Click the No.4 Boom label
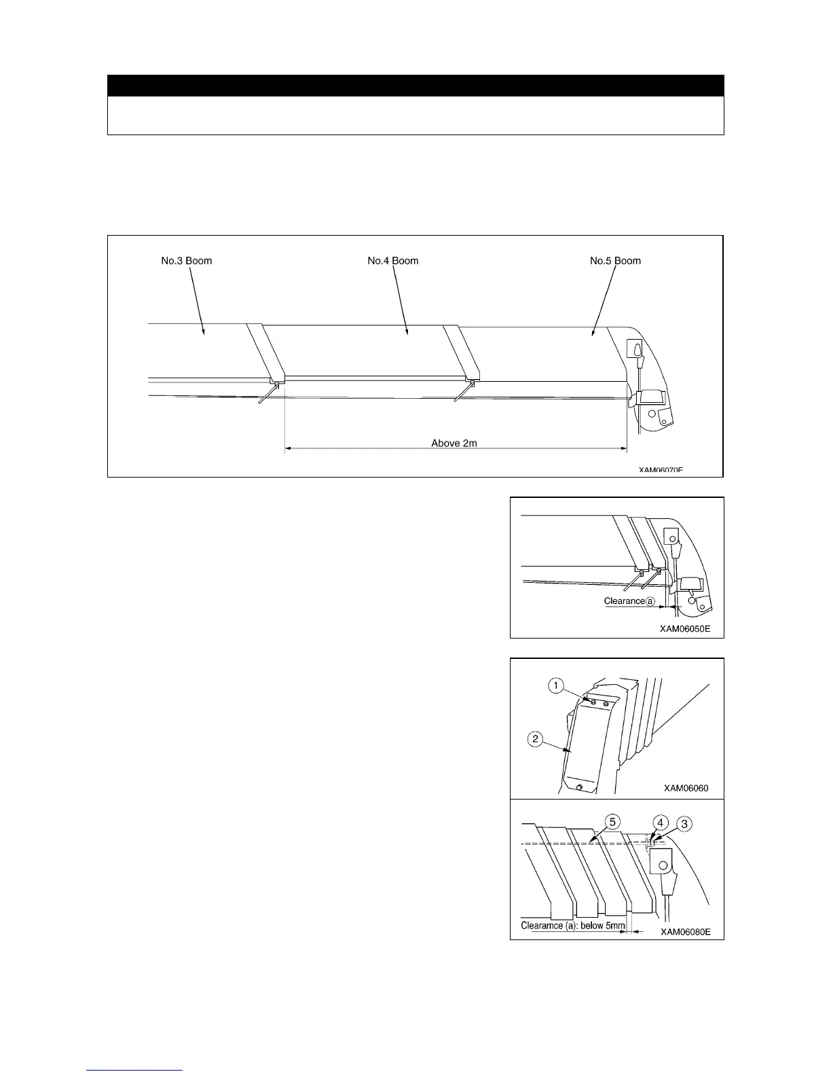[392, 261]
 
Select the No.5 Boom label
[615, 261]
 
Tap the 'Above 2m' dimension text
[454, 443]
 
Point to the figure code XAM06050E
[685, 628]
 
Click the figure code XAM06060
[686, 788]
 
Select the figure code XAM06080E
[686, 932]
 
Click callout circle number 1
[556, 686]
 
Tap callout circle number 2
[536, 738]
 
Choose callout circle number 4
[658, 822]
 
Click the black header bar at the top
[415, 86]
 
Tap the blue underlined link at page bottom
[135, 1070]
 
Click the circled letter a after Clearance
[650, 601]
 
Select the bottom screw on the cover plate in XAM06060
[579, 787]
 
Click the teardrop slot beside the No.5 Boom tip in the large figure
[636, 350]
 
